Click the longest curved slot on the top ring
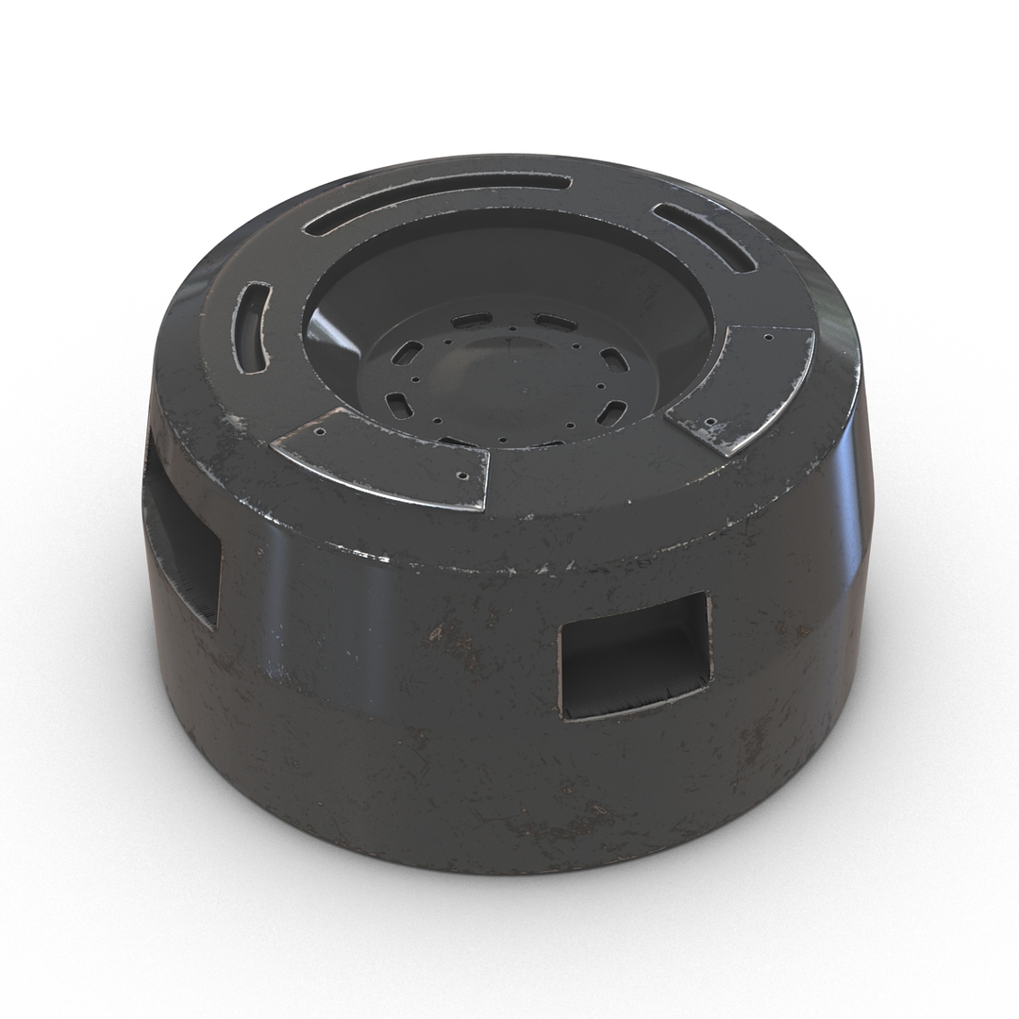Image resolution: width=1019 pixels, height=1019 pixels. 436,200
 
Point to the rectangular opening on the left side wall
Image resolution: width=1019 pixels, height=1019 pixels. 182,538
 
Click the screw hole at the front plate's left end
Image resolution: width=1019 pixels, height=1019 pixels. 319,433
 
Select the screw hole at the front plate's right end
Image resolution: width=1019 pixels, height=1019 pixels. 464,476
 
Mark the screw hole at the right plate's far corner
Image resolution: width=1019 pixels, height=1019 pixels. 770,337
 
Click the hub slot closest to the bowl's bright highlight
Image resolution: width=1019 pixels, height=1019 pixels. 407,354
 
